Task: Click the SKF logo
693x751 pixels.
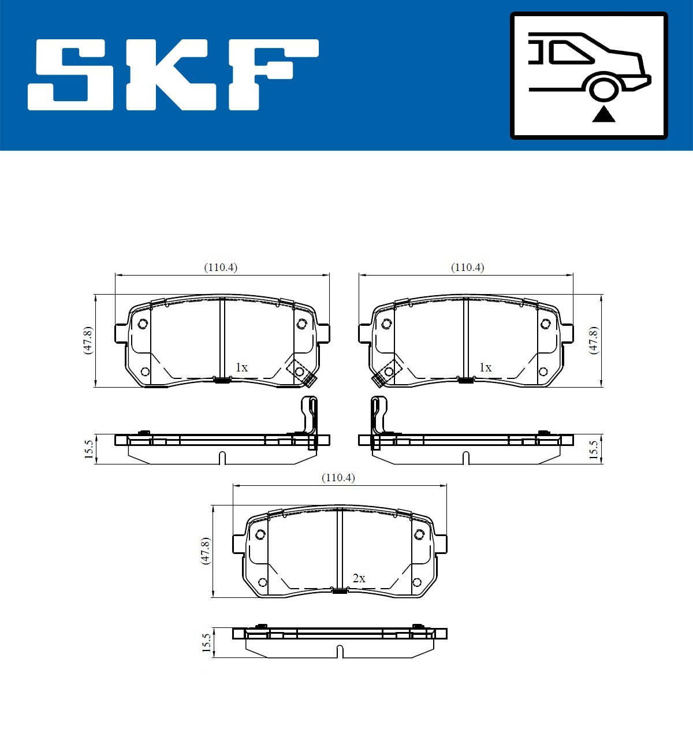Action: pyautogui.click(x=173, y=75)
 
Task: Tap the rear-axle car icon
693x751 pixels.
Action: pyautogui.click(x=589, y=76)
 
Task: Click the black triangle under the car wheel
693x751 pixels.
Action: pyautogui.click(x=603, y=114)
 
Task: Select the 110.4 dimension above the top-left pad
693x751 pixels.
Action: pyautogui.click(x=221, y=267)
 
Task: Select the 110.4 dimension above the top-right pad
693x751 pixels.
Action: pyautogui.click(x=468, y=267)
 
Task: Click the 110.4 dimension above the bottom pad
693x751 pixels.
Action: pyautogui.click(x=338, y=478)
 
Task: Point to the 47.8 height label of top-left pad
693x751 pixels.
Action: pyautogui.click(x=88, y=340)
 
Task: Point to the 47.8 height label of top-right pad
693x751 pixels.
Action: pyautogui.click(x=594, y=340)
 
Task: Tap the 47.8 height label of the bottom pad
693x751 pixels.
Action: pyautogui.click(x=205, y=551)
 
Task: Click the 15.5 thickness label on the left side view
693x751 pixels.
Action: pyautogui.click(x=88, y=449)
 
